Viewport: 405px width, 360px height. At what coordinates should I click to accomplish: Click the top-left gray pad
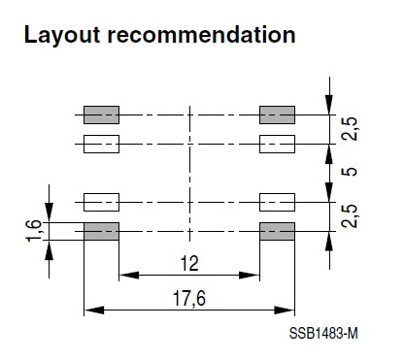pos(101,115)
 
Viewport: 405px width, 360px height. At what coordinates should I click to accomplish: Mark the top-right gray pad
pos(277,115)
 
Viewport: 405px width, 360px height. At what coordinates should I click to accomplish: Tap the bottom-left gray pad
pos(101,231)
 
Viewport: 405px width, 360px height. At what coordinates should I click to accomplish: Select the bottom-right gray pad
pos(277,231)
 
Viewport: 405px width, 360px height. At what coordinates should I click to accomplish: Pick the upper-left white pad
pos(101,145)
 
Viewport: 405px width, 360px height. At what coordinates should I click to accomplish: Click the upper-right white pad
pos(277,145)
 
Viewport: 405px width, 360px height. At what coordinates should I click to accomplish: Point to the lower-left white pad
pos(101,202)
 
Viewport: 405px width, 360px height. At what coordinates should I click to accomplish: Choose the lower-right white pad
pos(277,202)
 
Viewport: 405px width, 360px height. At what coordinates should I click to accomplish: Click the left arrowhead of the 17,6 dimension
pos(90,311)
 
